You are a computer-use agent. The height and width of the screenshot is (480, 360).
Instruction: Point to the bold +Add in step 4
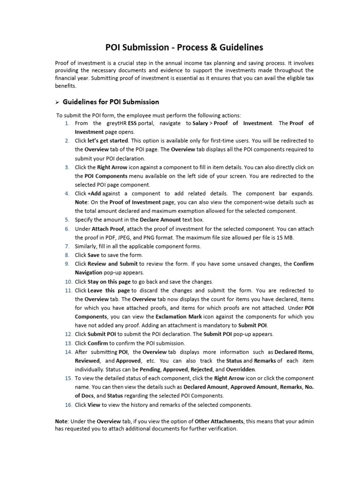(x=94, y=193)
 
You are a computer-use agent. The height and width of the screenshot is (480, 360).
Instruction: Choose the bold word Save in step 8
(x=94, y=255)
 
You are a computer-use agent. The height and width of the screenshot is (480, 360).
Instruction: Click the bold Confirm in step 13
(x=97, y=343)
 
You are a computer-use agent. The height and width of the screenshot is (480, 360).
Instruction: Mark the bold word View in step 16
(x=94, y=405)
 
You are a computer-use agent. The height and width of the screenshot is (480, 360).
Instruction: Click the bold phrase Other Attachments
(x=220, y=421)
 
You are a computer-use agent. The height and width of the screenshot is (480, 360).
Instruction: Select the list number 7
(x=67, y=247)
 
